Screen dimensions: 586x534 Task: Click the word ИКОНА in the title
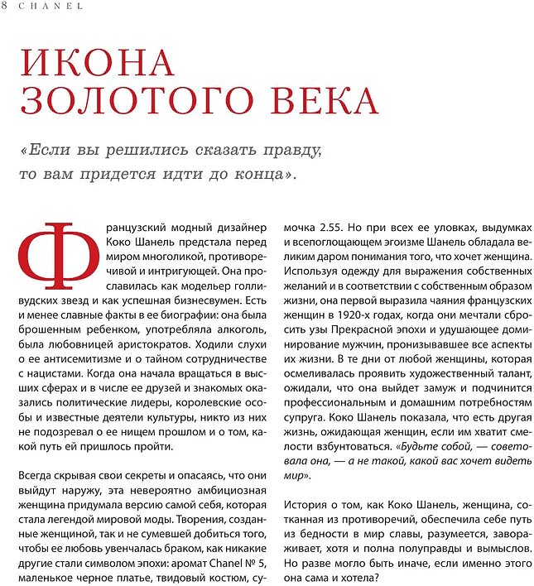pos(97,65)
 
